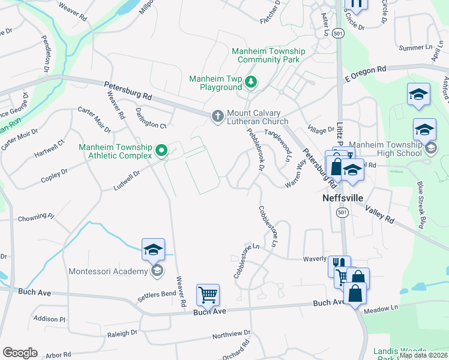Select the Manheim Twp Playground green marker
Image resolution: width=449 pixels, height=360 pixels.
coord(251,83)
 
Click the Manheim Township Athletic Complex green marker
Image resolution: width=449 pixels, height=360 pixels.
coord(161,151)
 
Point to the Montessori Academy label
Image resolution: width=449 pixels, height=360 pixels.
coord(108,271)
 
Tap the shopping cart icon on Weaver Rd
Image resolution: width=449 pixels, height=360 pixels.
coord(208,295)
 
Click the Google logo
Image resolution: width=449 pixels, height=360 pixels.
coord(20,353)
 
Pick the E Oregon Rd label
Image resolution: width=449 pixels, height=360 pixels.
coord(365,74)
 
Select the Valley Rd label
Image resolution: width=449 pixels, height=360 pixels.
coord(379,212)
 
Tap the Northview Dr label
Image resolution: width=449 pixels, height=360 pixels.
coord(231,334)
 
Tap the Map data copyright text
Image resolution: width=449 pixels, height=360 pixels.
coord(423,355)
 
